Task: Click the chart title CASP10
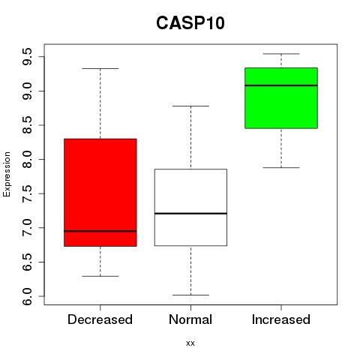[190, 23]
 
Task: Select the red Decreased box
[100, 193]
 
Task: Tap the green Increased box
[281, 98]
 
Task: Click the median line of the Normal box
[190, 213]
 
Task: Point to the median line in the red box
[100, 231]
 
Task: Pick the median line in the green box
[281, 85]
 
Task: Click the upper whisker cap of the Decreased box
[100, 68]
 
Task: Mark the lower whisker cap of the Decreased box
[100, 276]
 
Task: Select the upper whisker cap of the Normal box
[190, 106]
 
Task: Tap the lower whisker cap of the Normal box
[190, 295]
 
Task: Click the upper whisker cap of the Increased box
[281, 53]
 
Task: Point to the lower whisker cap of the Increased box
[281, 167]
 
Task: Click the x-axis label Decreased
[100, 319]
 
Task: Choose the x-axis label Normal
[190, 319]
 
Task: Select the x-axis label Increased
[281, 319]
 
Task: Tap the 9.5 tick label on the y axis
[27, 57]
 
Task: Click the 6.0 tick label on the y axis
[27, 296]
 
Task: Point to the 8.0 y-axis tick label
[27, 159]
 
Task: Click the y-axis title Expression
[7, 174]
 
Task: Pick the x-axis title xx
[190, 343]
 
